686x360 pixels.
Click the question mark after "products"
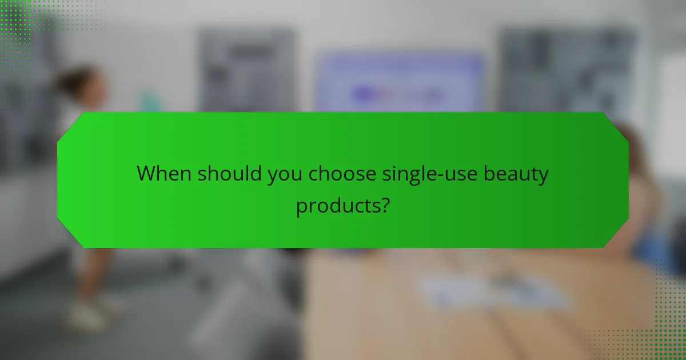385,204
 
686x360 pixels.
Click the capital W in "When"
146,173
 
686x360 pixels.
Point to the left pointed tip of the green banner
58,179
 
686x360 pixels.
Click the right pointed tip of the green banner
628,179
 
